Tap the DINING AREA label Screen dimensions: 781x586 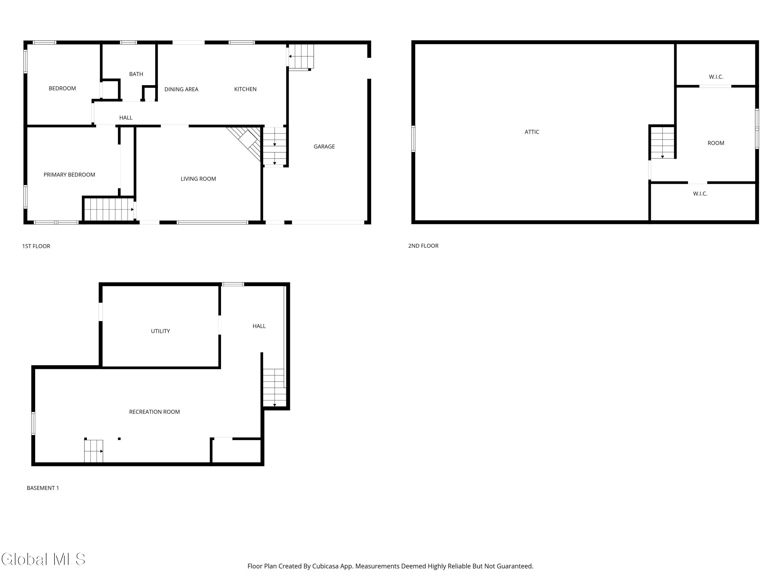(181, 89)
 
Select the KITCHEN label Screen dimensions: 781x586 (245, 89)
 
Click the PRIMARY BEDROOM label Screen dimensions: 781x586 (69, 175)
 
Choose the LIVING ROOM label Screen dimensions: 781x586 (198, 179)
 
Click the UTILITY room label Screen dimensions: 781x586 (160, 331)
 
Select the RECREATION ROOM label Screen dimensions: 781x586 (154, 412)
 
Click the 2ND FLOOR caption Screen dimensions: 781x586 (423, 246)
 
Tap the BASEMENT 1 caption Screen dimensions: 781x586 (43, 488)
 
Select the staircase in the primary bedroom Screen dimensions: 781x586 (109, 209)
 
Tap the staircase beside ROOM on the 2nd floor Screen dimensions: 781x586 (662, 143)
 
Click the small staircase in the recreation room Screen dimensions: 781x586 (93, 451)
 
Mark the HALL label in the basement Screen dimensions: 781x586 (259, 326)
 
